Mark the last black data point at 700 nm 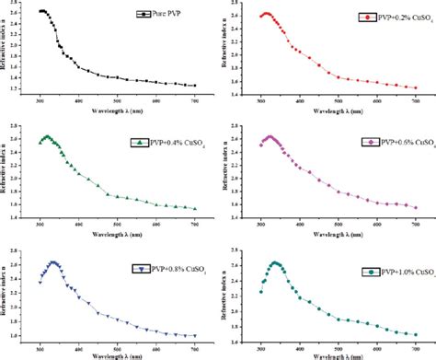(x=194, y=86)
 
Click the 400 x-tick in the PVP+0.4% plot (x=78, y=224)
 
